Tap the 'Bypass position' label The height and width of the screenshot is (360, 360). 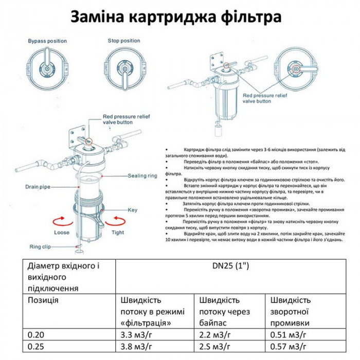(x=44, y=40)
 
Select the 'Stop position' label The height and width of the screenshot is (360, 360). (x=124, y=40)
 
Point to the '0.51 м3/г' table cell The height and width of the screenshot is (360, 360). (x=289, y=335)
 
